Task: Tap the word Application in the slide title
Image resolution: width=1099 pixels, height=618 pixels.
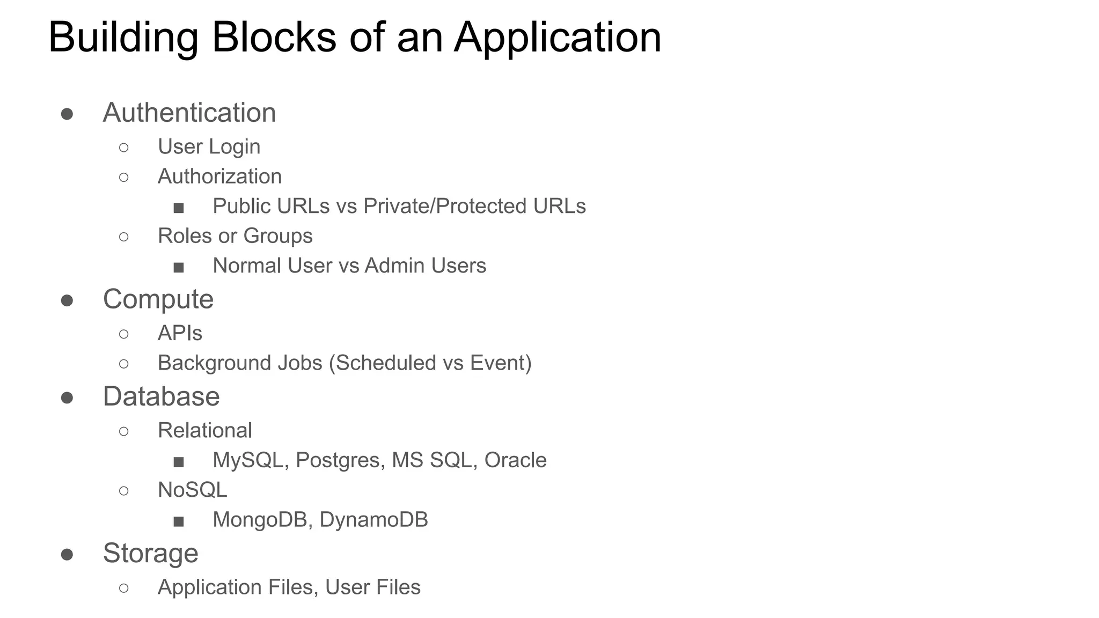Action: point(558,38)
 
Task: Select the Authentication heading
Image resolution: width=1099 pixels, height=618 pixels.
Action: point(189,113)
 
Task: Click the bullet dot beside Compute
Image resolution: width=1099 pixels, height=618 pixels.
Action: point(67,300)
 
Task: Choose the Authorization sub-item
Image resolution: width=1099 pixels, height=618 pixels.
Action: point(219,176)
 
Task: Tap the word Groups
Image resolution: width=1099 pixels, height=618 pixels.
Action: point(278,236)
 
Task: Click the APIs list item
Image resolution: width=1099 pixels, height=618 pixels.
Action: point(180,333)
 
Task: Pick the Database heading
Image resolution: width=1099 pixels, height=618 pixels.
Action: point(161,396)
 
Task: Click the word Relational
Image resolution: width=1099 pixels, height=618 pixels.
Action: point(204,430)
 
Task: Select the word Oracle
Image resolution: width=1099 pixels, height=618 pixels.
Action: point(515,460)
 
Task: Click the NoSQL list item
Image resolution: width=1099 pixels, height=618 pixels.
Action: point(192,490)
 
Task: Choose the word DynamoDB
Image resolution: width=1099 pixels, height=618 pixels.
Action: point(373,520)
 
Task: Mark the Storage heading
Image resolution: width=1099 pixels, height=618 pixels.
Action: point(150,553)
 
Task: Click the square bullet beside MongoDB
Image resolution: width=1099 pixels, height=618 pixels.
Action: point(179,521)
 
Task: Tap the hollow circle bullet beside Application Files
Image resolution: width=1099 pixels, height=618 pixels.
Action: point(123,588)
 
